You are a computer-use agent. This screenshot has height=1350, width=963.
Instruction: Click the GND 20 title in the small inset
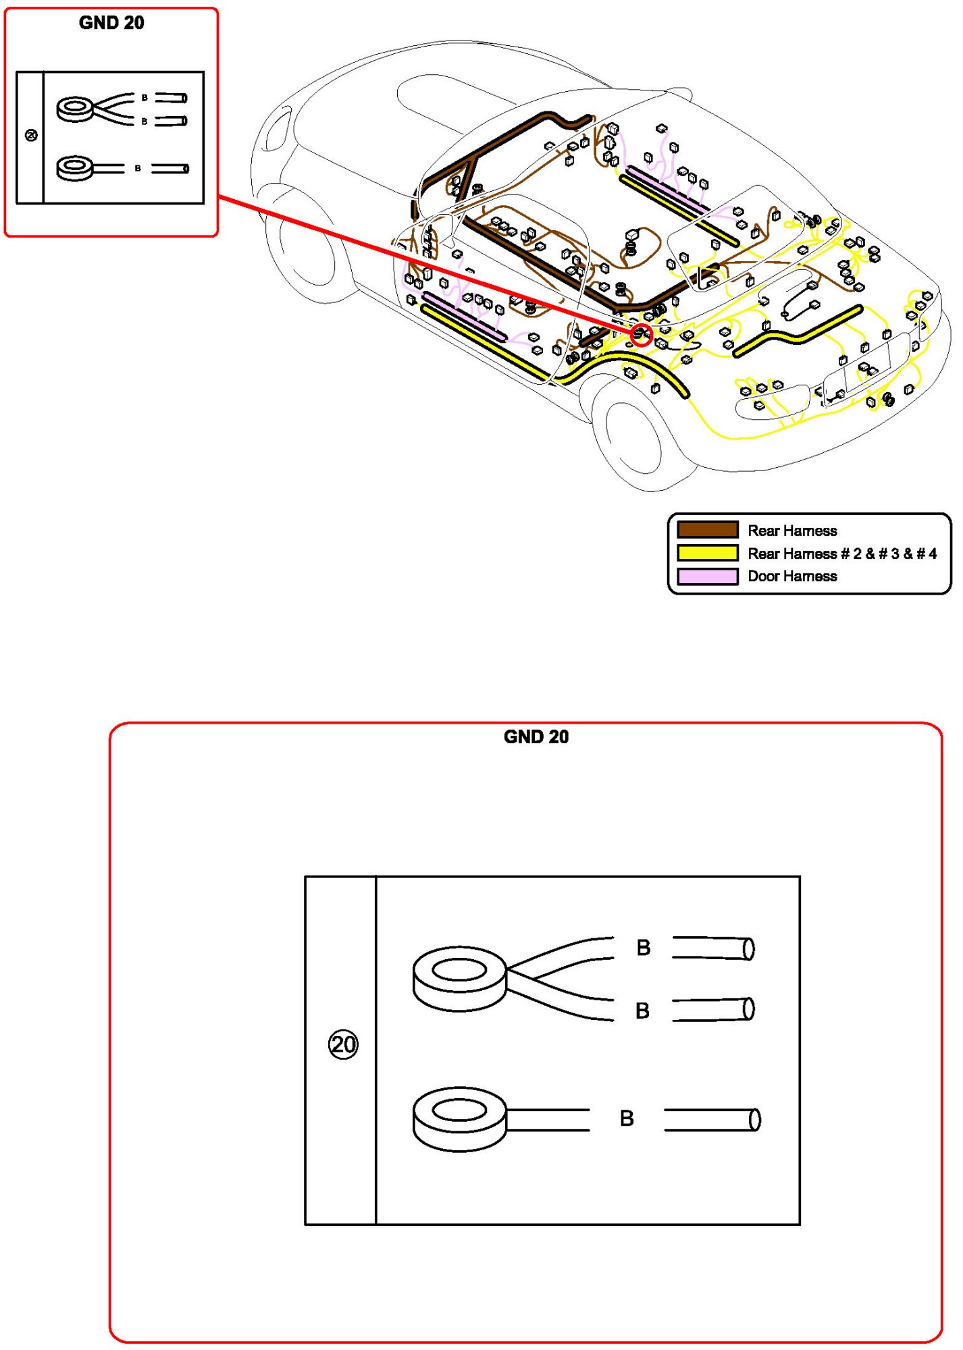coord(111,23)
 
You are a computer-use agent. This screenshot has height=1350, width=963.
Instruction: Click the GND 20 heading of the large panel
coord(536,736)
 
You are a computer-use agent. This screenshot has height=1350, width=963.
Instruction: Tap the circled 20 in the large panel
coord(343,1044)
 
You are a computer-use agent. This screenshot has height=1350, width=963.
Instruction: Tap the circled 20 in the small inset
coord(31,136)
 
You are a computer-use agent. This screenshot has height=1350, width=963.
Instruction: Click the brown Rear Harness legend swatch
coord(707,530)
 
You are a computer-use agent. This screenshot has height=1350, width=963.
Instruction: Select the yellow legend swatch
coord(707,553)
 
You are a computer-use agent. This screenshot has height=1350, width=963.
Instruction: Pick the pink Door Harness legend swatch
coord(707,576)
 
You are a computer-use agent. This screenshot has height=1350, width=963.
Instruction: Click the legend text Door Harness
coord(792,576)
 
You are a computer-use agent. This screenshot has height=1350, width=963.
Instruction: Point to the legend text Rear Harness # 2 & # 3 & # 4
coord(841,553)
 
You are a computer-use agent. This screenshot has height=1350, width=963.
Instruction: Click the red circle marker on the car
coord(642,334)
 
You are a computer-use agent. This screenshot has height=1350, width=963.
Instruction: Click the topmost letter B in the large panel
coord(644,948)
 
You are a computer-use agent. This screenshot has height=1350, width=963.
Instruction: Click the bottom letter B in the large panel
coord(627,1118)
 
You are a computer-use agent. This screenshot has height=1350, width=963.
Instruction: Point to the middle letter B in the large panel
coord(642,1010)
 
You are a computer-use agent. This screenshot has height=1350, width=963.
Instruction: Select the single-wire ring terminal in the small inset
coord(74,168)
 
